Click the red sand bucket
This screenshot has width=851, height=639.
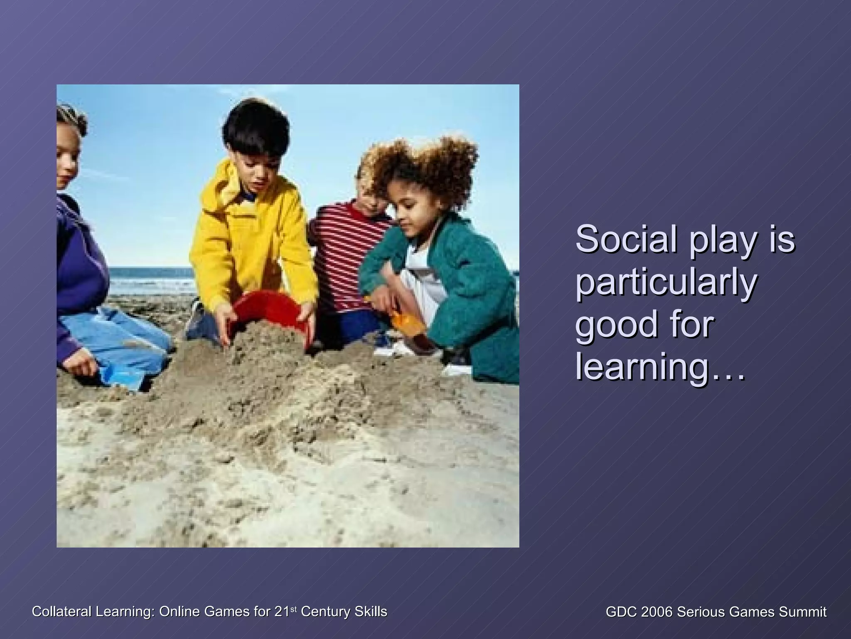pos(268,312)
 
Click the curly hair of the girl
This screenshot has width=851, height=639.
pos(428,166)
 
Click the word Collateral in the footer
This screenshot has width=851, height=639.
pos(62,612)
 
